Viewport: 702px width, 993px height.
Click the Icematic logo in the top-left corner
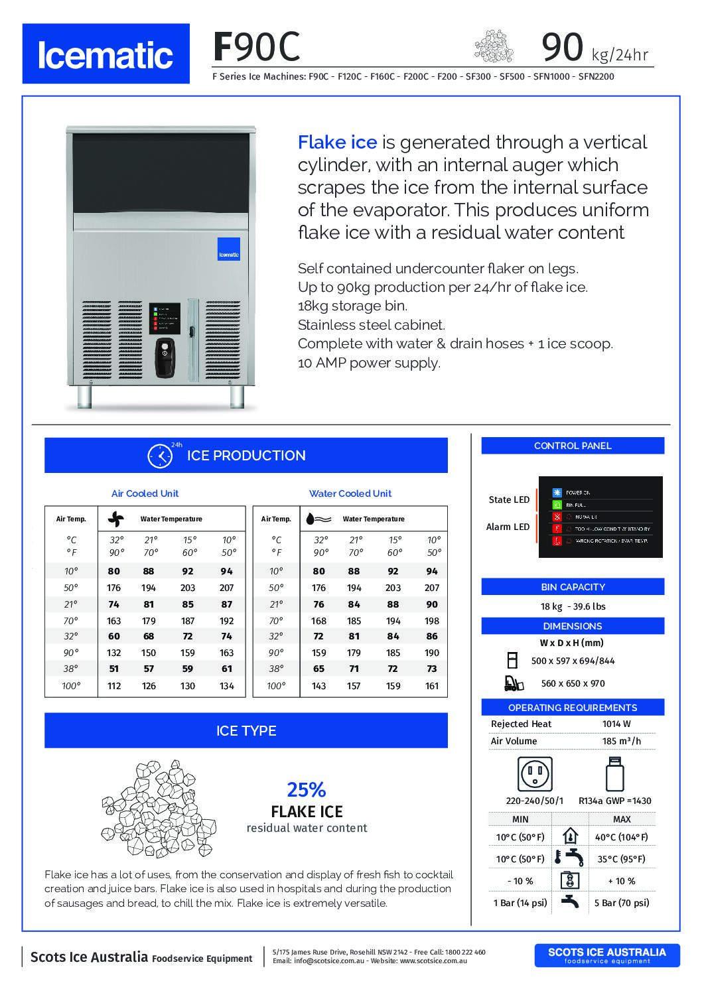point(105,54)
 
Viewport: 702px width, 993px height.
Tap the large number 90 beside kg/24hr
point(563,46)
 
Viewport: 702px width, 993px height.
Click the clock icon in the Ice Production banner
point(159,456)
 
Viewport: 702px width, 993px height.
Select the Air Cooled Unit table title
point(145,494)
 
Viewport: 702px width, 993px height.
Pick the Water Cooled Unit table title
point(350,494)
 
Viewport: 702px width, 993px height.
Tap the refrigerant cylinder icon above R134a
point(615,773)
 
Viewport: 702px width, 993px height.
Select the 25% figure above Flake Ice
point(307,789)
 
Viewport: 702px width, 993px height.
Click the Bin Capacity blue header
point(573,587)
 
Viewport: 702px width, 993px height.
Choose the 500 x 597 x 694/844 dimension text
point(573,661)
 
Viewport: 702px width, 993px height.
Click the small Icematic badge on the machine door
point(230,247)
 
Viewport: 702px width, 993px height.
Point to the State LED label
point(509,499)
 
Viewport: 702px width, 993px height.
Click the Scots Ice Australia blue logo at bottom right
point(606,955)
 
